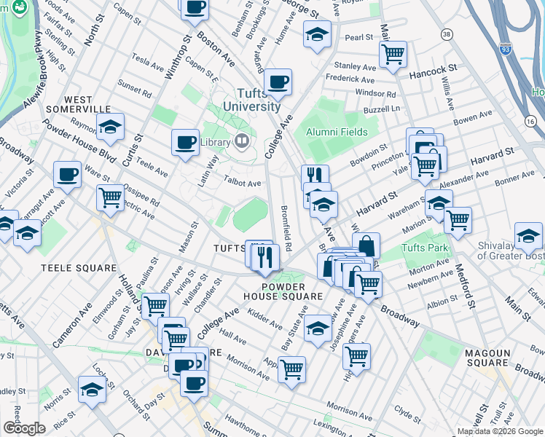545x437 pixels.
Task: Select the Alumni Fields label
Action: (337, 132)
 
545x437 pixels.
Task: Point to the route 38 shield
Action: (447, 34)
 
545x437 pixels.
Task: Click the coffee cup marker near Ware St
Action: (67, 174)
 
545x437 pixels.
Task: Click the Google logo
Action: (25, 428)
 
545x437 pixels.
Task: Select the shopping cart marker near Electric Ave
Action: (111, 197)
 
